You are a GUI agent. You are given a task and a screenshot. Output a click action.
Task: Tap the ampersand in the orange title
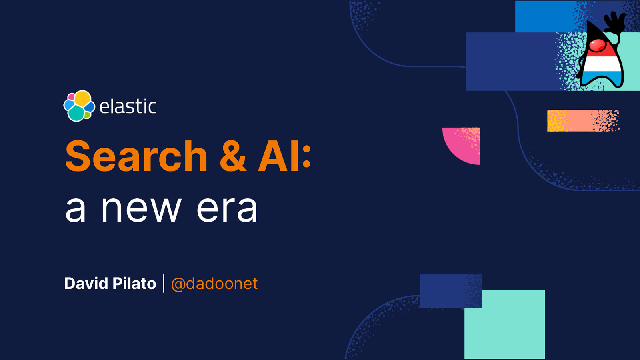[x=233, y=156]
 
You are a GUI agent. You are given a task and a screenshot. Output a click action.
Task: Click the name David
[x=86, y=284]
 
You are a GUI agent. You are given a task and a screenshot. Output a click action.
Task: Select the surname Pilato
[x=134, y=284]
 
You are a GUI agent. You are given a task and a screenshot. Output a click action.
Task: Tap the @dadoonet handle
[x=214, y=284]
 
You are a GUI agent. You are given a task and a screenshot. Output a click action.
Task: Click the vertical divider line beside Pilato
[x=164, y=283]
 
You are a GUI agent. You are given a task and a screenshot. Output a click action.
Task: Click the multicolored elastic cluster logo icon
[x=79, y=106]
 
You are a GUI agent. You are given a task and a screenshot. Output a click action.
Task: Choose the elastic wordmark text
[x=128, y=106]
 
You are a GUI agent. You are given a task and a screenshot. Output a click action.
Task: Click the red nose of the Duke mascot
[x=598, y=45]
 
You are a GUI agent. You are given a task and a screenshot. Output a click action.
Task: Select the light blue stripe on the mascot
[x=602, y=76]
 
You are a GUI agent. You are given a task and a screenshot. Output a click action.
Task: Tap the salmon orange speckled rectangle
[x=583, y=120]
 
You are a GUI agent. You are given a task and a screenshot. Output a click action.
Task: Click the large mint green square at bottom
[x=504, y=324]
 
